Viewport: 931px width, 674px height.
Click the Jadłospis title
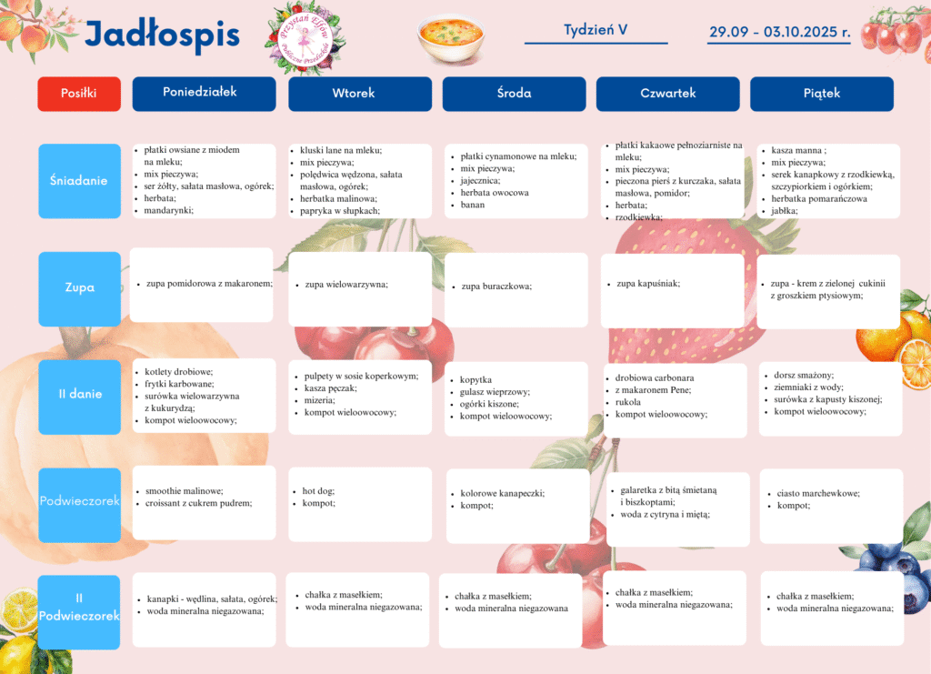pos(162,35)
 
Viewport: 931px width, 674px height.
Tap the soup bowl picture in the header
pos(449,38)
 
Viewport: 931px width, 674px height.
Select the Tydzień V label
pos(596,30)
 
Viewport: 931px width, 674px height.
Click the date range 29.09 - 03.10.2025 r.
pos(779,32)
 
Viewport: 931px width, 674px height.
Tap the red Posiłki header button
pos(79,93)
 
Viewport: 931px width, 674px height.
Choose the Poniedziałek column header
pos(204,93)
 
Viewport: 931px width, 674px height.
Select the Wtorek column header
pos(360,94)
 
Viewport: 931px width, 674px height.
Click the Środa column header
pos(514,94)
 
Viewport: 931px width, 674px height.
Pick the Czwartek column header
pos(667,94)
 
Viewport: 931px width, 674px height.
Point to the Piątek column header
pos(821,94)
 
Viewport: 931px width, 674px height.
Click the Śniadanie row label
pos(79,180)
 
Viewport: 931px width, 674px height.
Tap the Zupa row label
pos(79,288)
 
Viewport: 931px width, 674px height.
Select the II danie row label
pos(79,395)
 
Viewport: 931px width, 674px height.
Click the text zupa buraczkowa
pos(496,287)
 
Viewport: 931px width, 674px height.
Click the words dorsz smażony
pos(804,375)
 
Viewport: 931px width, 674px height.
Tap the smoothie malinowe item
pos(184,491)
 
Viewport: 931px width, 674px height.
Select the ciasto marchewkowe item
pos(818,494)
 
